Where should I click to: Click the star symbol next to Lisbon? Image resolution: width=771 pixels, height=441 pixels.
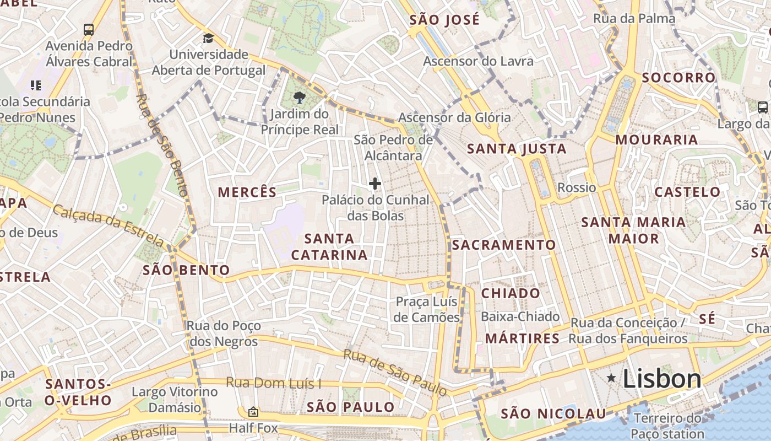[x=611, y=378]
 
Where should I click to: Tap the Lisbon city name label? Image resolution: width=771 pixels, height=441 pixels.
[x=662, y=379]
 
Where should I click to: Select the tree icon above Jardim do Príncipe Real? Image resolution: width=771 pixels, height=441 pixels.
[x=300, y=98]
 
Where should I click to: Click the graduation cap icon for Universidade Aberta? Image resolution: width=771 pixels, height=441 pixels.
[x=208, y=38]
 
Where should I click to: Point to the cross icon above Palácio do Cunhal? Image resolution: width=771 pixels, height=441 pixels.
[x=375, y=184]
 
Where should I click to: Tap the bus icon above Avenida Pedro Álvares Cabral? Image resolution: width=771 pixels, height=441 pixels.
[x=89, y=29]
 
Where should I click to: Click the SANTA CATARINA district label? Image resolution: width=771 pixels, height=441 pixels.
[x=329, y=246]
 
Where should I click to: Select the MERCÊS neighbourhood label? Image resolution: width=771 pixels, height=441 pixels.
[x=247, y=192]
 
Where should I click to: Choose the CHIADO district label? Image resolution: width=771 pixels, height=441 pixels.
[x=511, y=293]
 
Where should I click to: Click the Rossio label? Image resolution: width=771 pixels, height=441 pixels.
[x=577, y=187]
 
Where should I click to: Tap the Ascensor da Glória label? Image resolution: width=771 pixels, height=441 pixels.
[x=454, y=117]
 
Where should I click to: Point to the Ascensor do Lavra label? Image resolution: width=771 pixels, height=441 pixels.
[x=478, y=61]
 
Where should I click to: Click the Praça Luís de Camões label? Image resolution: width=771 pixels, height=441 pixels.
[x=427, y=309]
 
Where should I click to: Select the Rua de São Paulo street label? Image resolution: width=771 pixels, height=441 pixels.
[x=395, y=372]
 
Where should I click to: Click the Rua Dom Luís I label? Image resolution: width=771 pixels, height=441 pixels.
[x=274, y=383]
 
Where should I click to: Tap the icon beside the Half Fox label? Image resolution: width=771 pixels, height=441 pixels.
[x=253, y=411]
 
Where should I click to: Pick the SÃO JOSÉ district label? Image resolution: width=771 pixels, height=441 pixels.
[x=445, y=20]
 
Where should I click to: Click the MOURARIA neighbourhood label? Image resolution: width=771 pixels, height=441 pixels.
[x=656, y=139]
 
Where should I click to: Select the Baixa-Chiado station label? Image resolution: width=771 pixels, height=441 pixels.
[x=520, y=316]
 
